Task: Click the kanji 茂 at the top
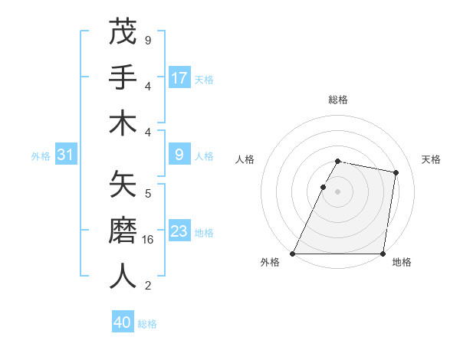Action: [123, 31]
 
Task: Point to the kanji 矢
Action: [123, 184]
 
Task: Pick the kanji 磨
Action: [123, 231]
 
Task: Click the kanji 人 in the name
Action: [123, 277]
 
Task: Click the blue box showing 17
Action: [179, 78]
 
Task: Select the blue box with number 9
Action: [179, 155]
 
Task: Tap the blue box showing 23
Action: [179, 231]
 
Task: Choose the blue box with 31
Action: [65, 155]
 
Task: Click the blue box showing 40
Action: [123, 322]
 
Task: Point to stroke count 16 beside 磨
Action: [149, 240]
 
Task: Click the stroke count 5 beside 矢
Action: [148, 193]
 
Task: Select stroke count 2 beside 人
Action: [148, 286]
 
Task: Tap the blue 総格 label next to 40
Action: [147, 324]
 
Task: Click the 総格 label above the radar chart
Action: [338, 100]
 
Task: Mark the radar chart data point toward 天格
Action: [396, 173]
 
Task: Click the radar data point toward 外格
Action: [293, 254]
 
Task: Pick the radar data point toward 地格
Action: [383, 254]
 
